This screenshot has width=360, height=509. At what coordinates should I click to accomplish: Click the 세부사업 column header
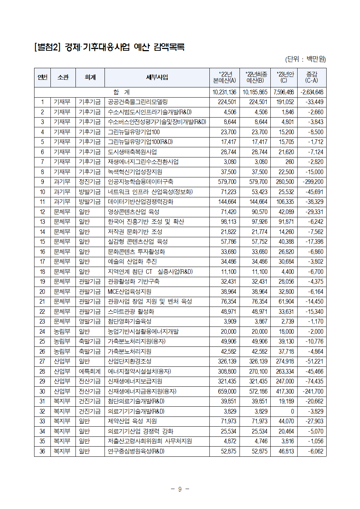click(x=157, y=77)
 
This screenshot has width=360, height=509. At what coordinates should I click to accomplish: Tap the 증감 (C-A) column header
click(x=311, y=77)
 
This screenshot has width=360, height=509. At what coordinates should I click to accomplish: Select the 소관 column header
click(x=63, y=77)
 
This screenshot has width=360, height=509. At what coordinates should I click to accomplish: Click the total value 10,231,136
click(x=224, y=92)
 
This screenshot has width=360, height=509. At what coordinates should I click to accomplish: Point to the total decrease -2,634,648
click(x=312, y=92)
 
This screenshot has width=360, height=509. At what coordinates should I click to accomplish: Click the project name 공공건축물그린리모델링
click(x=138, y=102)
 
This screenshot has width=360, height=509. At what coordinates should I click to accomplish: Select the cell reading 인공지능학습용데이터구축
click(x=140, y=182)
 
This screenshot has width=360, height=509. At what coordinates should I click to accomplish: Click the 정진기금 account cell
click(x=90, y=182)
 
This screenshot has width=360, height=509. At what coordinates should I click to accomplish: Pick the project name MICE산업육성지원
click(x=130, y=292)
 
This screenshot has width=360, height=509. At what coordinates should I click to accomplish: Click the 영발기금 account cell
click(x=90, y=321)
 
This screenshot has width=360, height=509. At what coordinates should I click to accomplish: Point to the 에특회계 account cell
click(x=90, y=372)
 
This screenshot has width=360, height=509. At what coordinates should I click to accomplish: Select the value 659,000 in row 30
click(x=227, y=391)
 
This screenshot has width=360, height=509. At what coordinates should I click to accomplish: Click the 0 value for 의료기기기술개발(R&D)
click(x=292, y=411)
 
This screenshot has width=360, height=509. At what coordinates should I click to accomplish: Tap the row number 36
click(x=42, y=451)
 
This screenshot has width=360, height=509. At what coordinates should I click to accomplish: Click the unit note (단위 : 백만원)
click(x=306, y=59)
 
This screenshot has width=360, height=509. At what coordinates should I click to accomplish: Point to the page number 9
click(x=180, y=489)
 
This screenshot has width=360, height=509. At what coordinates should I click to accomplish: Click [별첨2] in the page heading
click(x=48, y=47)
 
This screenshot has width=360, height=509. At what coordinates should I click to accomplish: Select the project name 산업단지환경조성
click(x=130, y=361)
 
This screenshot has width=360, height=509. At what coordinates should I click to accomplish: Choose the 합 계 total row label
click(x=122, y=92)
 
